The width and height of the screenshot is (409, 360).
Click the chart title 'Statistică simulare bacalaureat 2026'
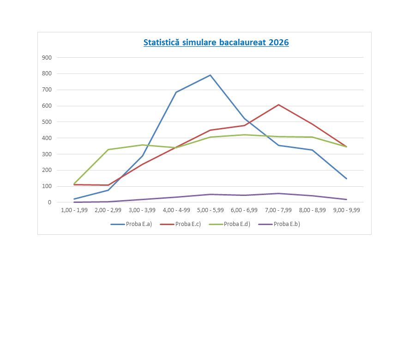(x=216, y=43)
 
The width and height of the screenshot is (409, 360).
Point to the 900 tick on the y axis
(x=47, y=58)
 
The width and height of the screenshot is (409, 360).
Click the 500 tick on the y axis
(x=47, y=122)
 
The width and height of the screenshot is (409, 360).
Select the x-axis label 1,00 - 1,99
(x=74, y=210)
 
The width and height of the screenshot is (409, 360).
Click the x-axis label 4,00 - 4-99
(x=176, y=210)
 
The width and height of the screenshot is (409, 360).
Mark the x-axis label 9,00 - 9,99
(x=347, y=210)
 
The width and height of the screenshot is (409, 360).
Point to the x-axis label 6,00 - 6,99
(x=245, y=210)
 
